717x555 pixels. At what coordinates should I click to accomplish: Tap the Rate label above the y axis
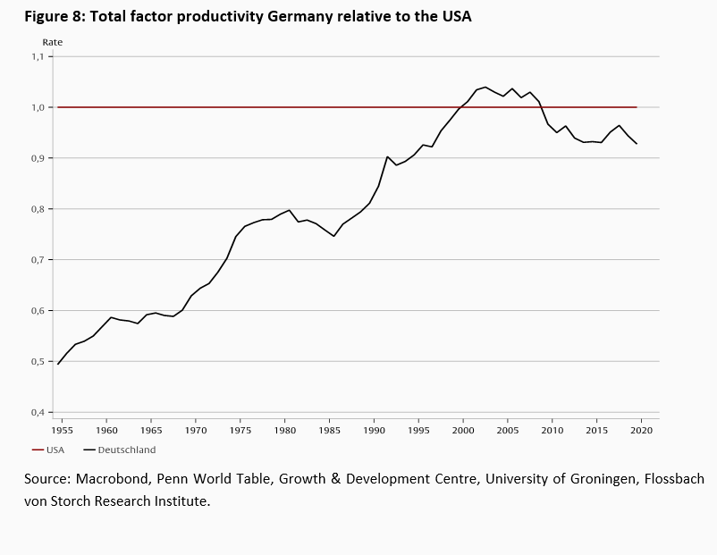coord(53,42)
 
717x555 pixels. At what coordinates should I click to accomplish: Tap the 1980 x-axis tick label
coord(285,430)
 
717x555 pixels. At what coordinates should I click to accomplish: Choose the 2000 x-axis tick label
coord(463,430)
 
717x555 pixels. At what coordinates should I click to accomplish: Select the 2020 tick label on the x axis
coord(642,430)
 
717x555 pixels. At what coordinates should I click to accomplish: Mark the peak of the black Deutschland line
coord(485,87)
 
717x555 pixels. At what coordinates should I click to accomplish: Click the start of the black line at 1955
coord(58,364)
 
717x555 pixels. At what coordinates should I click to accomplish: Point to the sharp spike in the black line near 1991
coord(387,156)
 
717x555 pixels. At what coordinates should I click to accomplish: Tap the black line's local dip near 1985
coord(334,236)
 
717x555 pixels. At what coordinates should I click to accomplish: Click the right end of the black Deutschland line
coord(637,144)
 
